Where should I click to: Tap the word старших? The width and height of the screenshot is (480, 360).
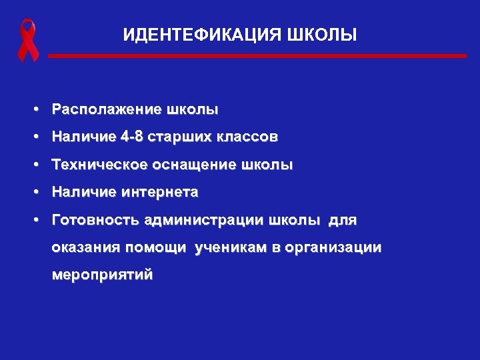coord(176,137)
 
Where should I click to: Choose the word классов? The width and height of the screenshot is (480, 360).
coord(246,137)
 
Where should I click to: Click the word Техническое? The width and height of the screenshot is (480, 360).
coord(100,165)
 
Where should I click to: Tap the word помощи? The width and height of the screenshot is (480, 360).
coord(158,248)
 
